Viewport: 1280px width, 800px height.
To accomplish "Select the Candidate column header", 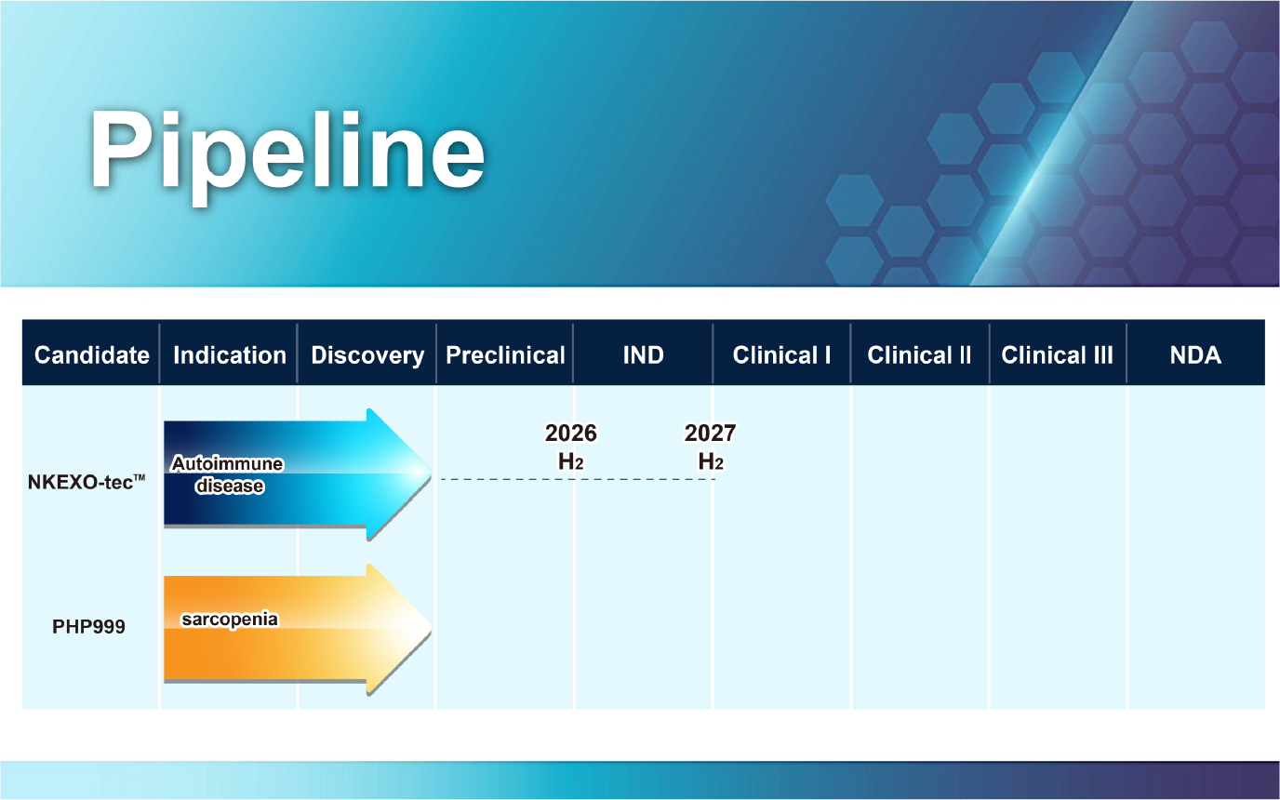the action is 91,355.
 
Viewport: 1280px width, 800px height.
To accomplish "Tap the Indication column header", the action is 230,355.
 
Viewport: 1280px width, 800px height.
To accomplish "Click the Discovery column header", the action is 367,356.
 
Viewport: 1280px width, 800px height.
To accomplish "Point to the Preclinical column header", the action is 505,355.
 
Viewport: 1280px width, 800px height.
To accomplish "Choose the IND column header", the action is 644,355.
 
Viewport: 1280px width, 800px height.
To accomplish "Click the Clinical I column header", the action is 781,355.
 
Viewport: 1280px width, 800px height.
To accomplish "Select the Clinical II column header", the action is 919,355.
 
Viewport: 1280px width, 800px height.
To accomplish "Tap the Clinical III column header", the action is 1057,355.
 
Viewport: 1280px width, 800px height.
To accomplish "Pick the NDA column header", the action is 1195,355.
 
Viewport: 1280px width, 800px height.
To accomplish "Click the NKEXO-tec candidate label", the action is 87,482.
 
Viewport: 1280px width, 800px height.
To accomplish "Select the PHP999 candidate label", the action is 88,627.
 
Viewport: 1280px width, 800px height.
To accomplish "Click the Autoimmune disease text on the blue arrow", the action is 227,474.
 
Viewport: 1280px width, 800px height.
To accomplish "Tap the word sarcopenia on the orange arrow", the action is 230,620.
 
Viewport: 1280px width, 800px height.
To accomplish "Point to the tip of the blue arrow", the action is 432,473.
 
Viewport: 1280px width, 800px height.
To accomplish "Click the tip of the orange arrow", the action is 432,629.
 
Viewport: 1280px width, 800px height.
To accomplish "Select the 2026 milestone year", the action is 571,433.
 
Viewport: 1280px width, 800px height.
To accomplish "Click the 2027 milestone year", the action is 711,433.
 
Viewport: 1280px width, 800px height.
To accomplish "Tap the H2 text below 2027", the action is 711,461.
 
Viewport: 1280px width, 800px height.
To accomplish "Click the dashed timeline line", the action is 578,479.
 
